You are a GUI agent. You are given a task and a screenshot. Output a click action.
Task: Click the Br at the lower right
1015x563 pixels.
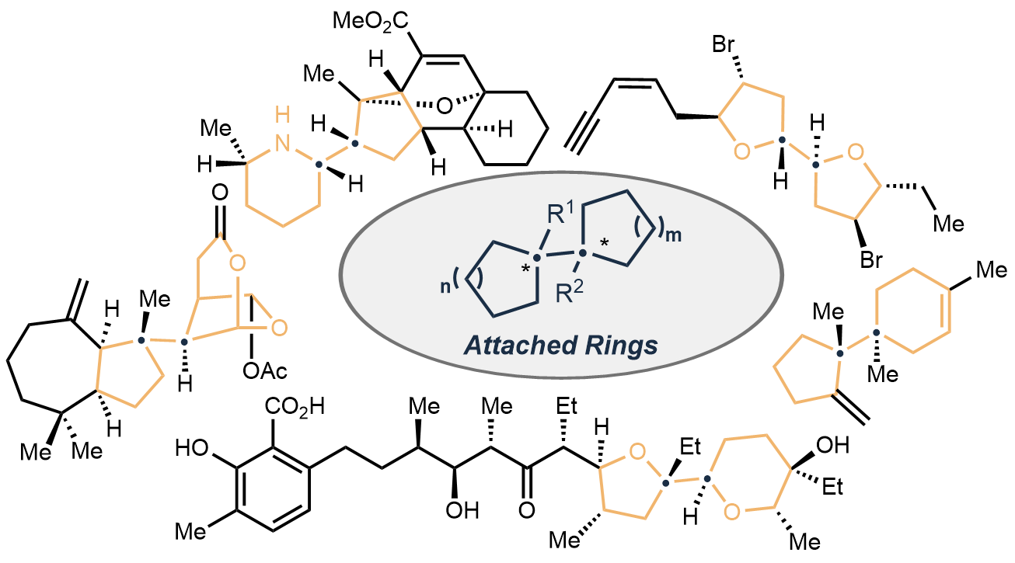[871, 260]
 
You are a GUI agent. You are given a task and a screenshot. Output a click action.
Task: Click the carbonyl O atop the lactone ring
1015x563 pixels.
[218, 191]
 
